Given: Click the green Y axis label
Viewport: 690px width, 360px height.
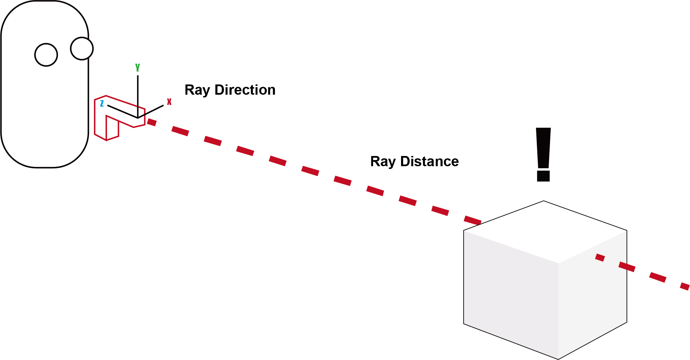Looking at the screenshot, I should click(138, 67).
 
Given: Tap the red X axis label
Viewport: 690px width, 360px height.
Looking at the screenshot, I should click(169, 101).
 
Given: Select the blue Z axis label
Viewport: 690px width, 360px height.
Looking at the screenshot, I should click(102, 103).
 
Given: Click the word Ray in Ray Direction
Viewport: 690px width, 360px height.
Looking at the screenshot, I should click(197, 90).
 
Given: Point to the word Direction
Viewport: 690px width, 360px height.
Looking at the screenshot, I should click(245, 90).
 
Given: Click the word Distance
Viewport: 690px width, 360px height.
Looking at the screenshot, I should click(429, 161).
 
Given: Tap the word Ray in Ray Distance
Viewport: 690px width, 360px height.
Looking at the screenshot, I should click(383, 161).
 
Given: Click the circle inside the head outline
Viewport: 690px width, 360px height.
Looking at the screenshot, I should click(46, 55).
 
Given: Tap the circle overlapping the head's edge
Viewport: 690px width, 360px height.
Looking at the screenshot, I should click(82, 48).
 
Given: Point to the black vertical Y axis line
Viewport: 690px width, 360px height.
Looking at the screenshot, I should click(138, 95).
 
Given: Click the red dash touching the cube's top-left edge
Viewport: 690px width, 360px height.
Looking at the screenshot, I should click(473, 220).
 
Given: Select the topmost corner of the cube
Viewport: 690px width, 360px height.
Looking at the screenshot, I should click(543, 201).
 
